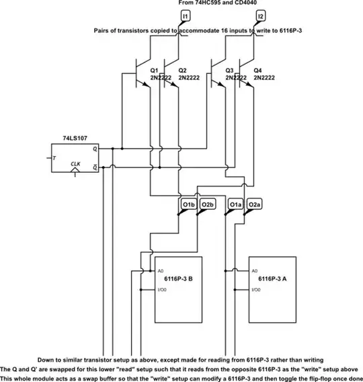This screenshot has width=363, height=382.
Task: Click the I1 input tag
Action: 186,15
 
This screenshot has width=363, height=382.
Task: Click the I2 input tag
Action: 260,15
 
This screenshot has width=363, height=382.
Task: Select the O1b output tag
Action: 188,204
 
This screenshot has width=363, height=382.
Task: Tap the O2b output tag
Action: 207,204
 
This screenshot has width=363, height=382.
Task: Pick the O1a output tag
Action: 235,204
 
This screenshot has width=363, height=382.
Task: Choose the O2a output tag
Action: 254,204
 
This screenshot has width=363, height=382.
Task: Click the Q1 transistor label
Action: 154,70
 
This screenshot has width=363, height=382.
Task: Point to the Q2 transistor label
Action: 182,70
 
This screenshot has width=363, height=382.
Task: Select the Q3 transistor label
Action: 229,70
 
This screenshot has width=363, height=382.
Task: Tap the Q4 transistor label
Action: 257,70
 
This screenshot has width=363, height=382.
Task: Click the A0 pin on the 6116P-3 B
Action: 160,271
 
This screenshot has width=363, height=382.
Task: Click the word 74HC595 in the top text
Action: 202,3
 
